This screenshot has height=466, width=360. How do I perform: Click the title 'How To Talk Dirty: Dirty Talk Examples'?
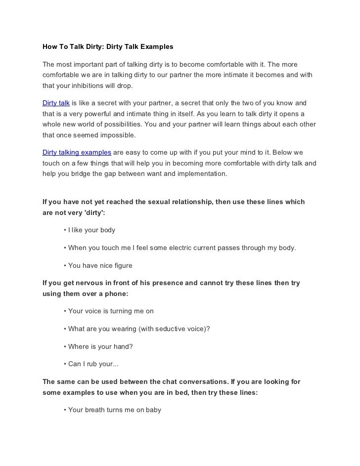click(108, 47)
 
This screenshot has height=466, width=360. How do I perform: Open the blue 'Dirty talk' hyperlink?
click(56, 103)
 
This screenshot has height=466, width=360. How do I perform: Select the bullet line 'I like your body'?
click(91, 230)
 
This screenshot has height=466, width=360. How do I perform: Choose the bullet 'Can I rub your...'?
click(93, 364)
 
